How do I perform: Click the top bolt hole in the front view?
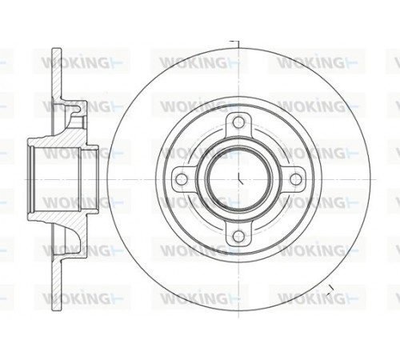pyautogui.click(x=238, y=122)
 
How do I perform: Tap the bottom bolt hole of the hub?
pyautogui.click(x=238, y=235)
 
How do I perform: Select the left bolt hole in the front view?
pyautogui.click(x=182, y=178)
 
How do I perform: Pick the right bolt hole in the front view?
pyautogui.click(x=295, y=179)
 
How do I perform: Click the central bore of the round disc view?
pyautogui.click(x=239, y=178)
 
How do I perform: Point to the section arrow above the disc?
pyautogui.click(x=234, y=44)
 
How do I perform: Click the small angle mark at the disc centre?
pyautogui.click(x=240, y=179)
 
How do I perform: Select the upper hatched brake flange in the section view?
pyautogui.click(x=57, y=74)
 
